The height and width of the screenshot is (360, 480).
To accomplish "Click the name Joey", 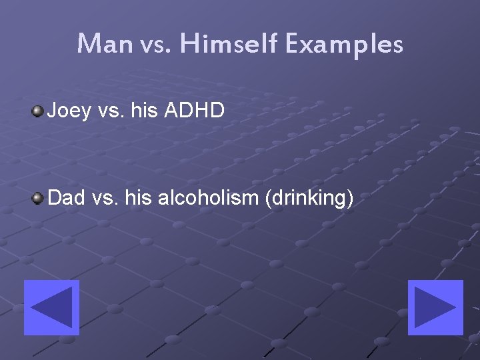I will [69, 111].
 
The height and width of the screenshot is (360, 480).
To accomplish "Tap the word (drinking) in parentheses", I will [309, 199].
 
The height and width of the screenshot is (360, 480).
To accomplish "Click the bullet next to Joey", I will [38, 110].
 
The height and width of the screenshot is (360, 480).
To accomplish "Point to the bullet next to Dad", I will [38, 197].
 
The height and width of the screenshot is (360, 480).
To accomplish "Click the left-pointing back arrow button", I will [51, 307].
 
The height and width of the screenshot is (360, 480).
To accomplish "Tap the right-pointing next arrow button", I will [435, 307].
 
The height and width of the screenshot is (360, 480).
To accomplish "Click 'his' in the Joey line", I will [144, 110].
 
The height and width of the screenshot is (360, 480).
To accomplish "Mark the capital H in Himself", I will [187, 44].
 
